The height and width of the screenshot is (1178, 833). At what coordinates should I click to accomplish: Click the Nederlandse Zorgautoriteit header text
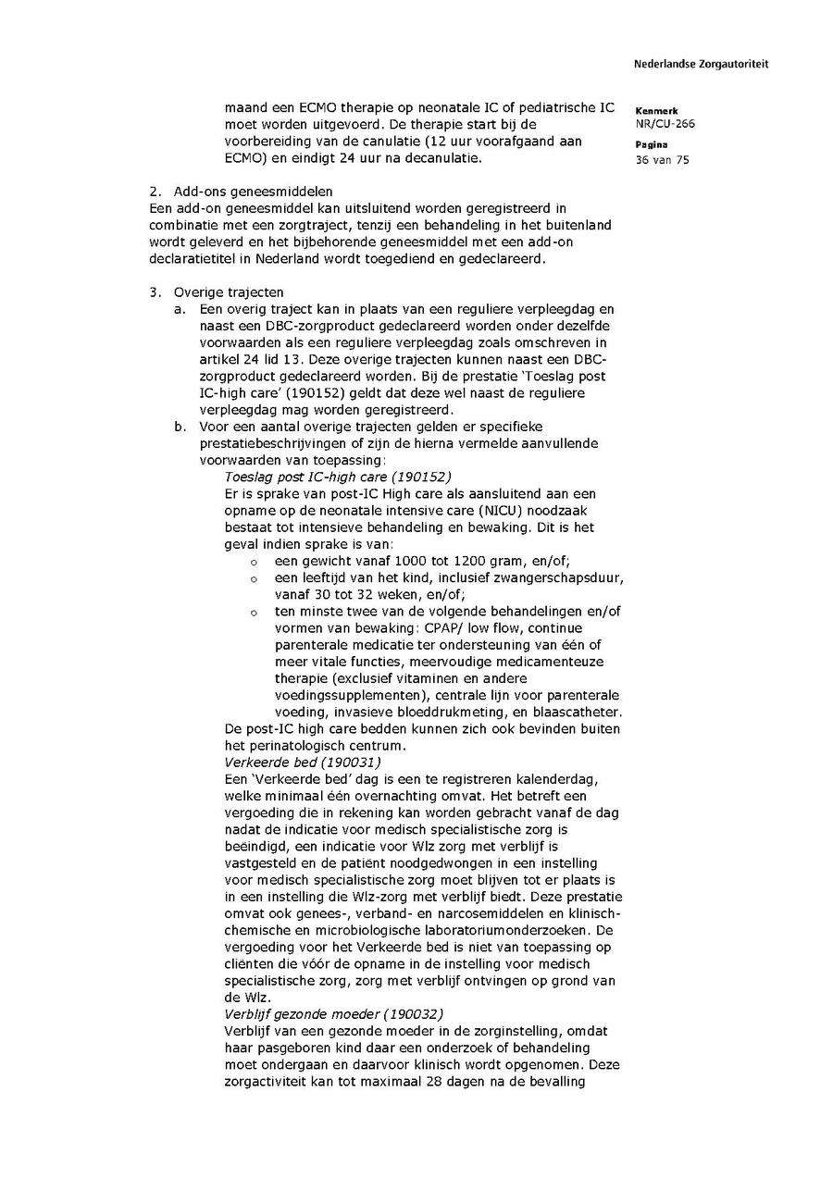tap(701, 64)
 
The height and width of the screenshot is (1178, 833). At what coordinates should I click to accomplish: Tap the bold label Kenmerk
tap(656, 110)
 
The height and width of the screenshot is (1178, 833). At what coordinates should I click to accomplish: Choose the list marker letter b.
tap(180, 427)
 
